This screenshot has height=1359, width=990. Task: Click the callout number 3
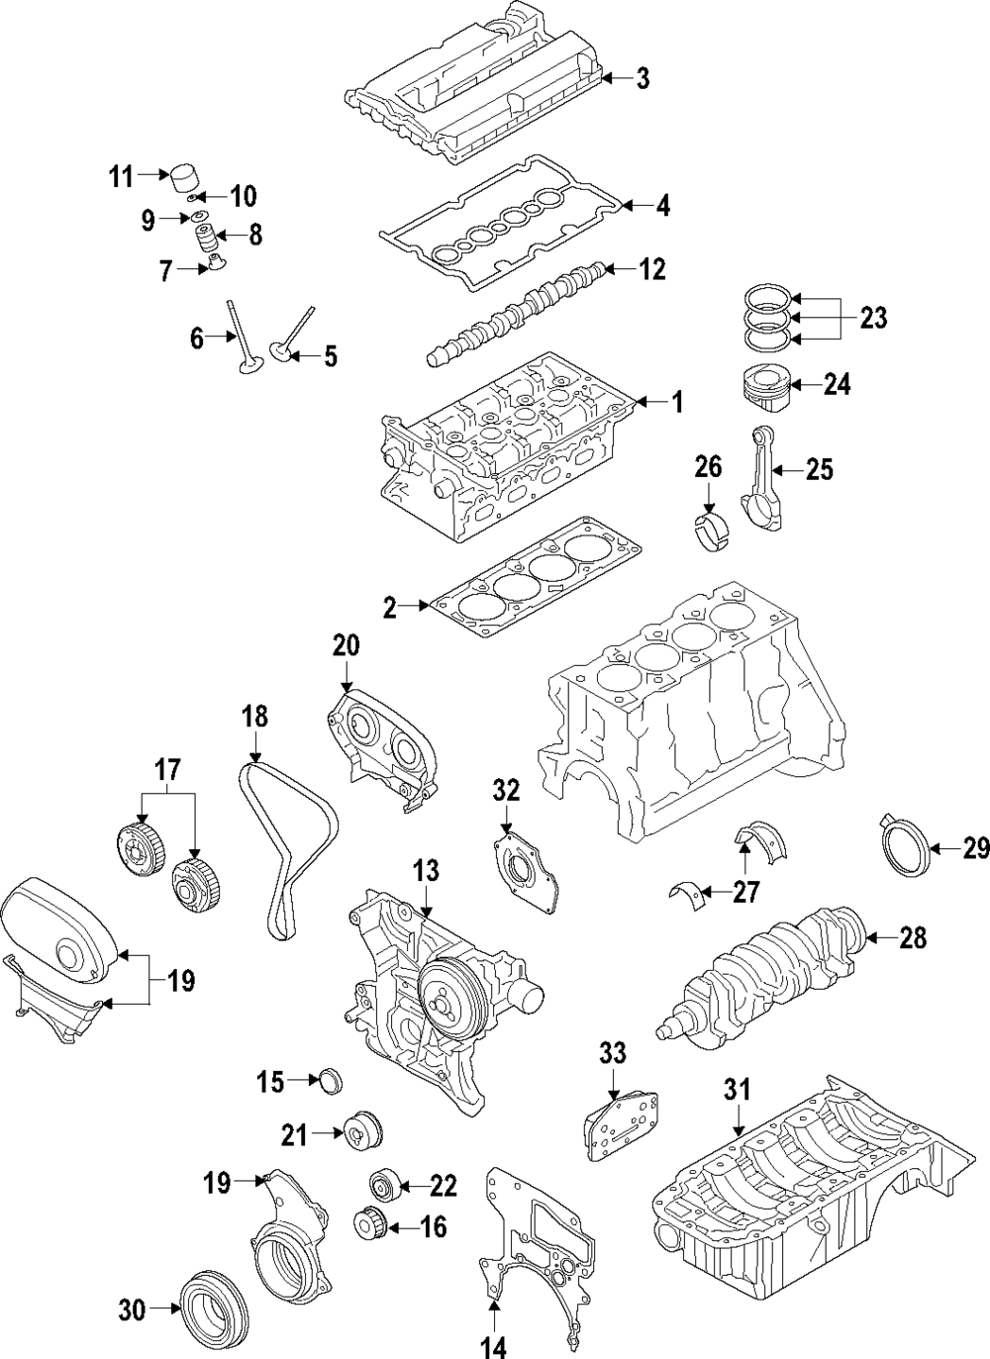pyautogui.click(x=643, y=79)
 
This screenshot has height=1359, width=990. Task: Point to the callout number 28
pyautogui.click(x=912, y=937)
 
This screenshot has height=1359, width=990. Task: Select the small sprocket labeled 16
pyautogui.click(x=371, y=1225)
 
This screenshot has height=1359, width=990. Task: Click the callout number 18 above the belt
pyautogui.click(x=255, y=715)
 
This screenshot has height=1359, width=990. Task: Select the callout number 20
pyautogui.click(x=346, y=645)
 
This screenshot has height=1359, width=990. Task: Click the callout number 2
pyautogui.click(x=390, y=607)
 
